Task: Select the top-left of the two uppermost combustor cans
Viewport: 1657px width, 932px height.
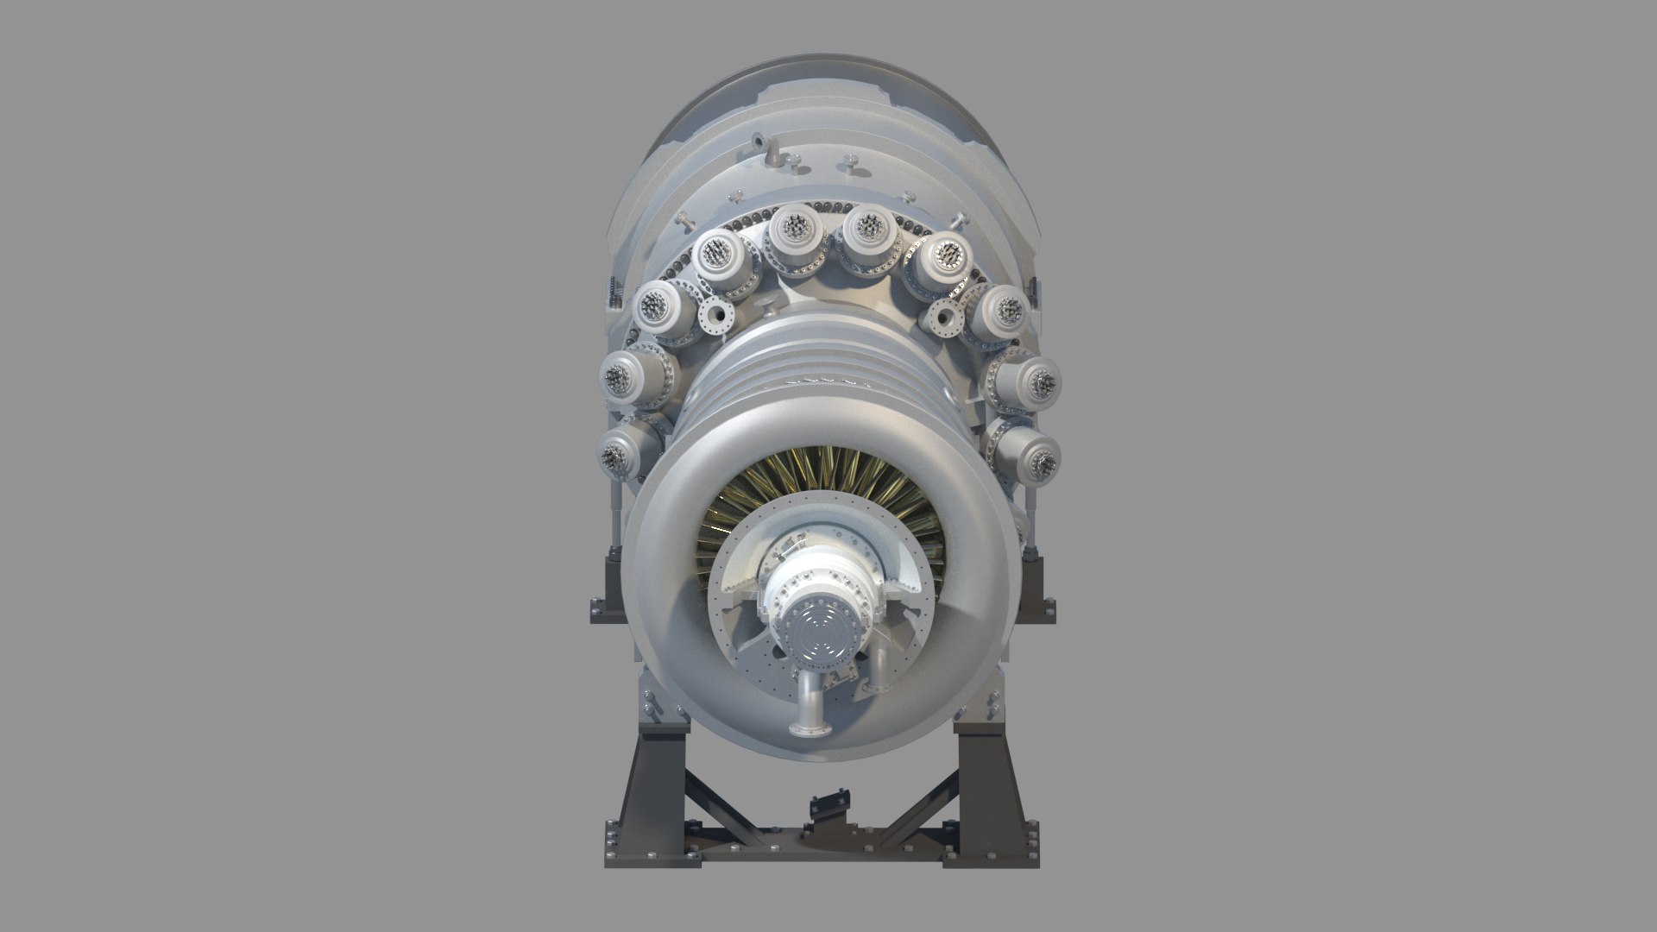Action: (793, 232)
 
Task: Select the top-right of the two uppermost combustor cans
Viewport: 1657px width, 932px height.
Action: (866, 233)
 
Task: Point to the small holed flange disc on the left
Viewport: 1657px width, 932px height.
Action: (715, 318)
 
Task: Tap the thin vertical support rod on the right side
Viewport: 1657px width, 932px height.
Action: (1033, 519)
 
